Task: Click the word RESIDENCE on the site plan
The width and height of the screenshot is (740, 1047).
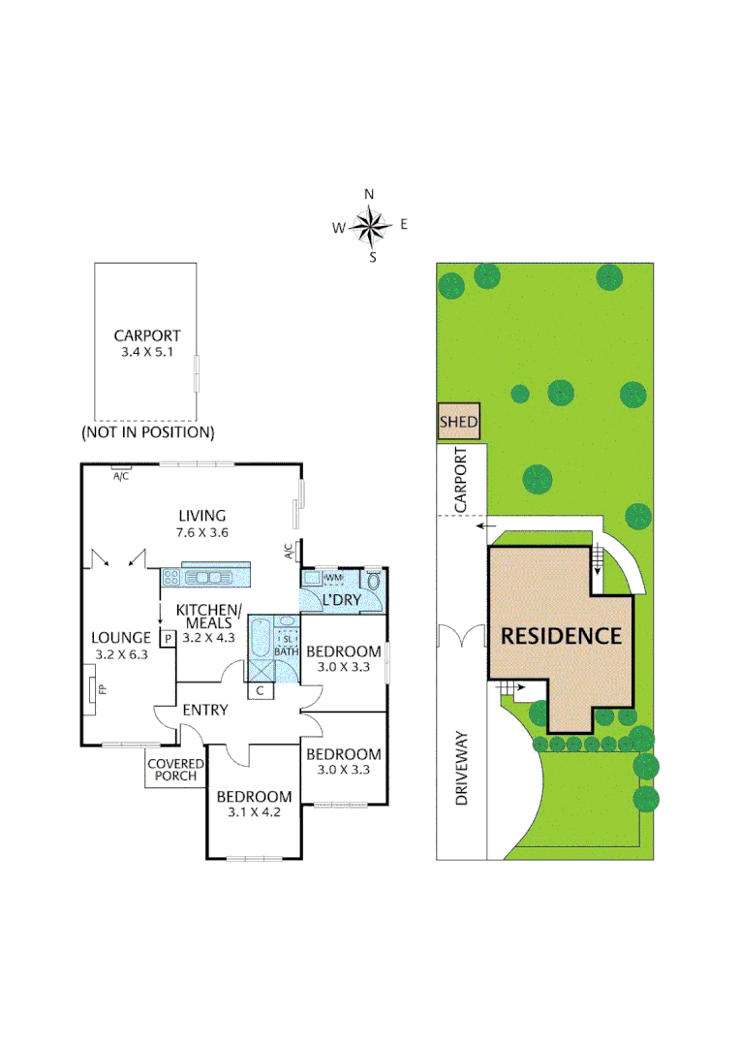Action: (x=560, y=637)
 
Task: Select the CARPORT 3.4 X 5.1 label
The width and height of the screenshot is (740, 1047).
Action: (x=147, y=344)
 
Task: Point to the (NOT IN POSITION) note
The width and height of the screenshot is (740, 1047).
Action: (x=148, y=431)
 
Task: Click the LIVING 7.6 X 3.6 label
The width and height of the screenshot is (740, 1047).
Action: (x=201, y=523)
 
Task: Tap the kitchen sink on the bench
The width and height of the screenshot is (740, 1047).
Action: (x=206, y=577)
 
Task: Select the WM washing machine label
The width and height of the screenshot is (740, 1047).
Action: (x=334, y=578)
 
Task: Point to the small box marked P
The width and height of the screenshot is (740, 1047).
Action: (x=168, y=638)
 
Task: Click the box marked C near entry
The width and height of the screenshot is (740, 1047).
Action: (x=260, y=690)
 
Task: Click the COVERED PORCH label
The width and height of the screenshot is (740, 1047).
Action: (x=172, y=770)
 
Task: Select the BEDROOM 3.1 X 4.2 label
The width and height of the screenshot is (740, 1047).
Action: (x=248, y=804)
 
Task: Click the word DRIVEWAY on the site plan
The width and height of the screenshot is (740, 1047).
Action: (x=462, y=771)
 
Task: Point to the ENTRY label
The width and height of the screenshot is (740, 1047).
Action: (x=205, y=711)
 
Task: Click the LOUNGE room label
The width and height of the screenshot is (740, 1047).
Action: (x=120, y=638)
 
